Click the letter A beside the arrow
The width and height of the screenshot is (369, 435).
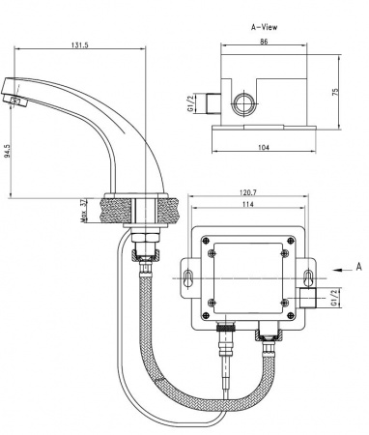(358, 264)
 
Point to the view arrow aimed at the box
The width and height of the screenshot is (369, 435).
(338, 269)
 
